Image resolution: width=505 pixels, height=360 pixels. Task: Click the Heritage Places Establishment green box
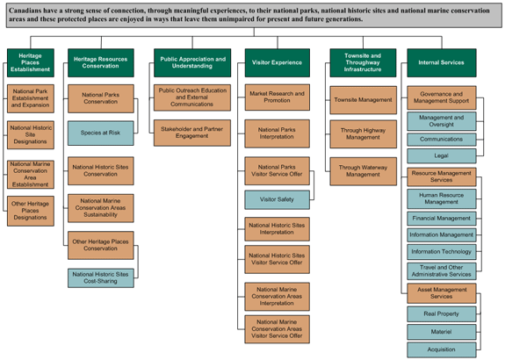tap(30, 61)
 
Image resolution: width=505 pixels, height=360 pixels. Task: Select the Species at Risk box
tap(100, 133)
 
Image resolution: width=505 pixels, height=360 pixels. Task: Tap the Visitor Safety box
tap(277, 199)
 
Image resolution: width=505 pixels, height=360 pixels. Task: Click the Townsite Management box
tap(357, 100)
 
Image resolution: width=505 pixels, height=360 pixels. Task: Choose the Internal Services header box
tap(441, 61)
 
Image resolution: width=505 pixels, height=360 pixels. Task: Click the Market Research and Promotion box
tap(277, 97)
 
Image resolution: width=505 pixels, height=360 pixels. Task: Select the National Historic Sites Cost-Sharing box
tap(100, 278)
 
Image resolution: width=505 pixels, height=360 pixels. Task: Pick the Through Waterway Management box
tap(357, 170)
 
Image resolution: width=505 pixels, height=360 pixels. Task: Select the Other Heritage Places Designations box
tap(30, 210)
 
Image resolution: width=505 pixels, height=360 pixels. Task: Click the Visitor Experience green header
tap(277, 61)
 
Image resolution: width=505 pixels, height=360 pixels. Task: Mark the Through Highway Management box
tap(357, 133)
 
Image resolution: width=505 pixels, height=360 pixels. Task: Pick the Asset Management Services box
tap(442, 292)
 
